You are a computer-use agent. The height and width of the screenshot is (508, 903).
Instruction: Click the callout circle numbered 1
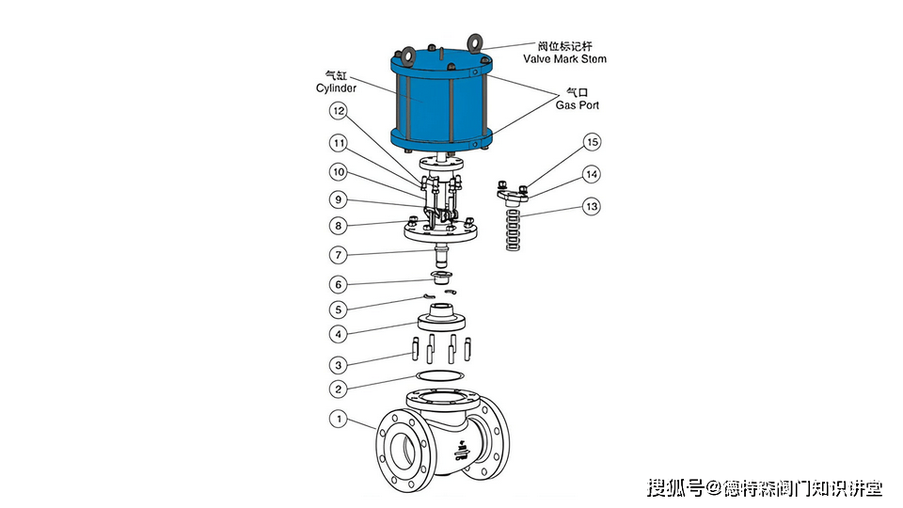pos(341,419)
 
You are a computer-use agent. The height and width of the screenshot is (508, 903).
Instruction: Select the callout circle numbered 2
pos(341,389)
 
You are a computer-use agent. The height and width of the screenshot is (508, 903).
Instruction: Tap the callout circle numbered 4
pos(341,334)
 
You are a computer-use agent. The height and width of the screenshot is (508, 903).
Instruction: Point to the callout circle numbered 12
pos(341,111)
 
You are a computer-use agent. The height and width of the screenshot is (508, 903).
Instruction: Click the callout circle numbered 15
pos(592,143)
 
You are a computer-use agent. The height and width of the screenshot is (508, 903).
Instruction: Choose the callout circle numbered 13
pos(592,206)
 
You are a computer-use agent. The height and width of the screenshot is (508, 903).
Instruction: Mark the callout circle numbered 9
pos(341,199)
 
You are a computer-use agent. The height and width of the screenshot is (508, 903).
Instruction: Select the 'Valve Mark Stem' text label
pos(564,58)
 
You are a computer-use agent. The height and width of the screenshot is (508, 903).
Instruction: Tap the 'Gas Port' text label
pos(577,105)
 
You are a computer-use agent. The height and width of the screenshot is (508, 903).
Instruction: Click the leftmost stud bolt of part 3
pos(414,351)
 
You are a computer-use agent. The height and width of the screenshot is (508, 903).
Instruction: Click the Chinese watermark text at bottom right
pos(763,487)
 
